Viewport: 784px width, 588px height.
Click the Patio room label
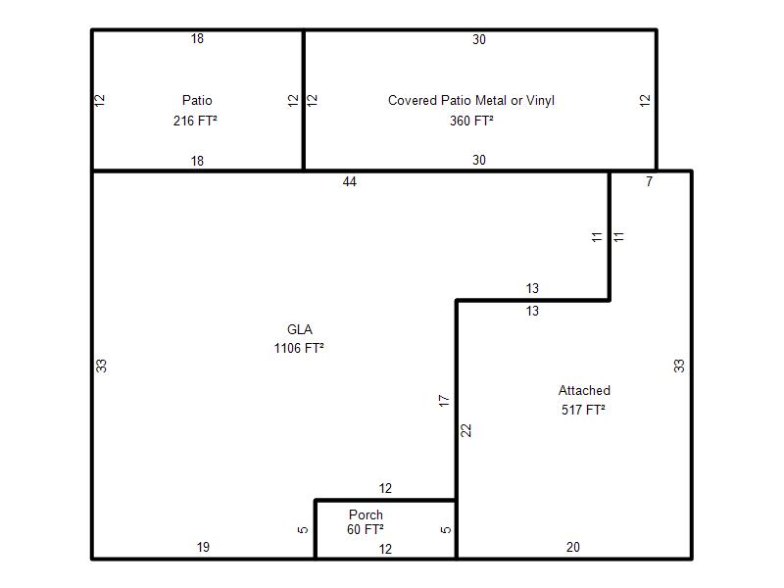coord(197,101)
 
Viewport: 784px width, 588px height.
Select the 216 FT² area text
coord(195,121)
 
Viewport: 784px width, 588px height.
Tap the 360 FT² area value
coord(471,121)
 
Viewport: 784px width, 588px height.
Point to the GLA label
coord(300,329)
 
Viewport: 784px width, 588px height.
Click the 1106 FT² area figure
coord(299,348)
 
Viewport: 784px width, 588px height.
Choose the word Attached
coord(584,390)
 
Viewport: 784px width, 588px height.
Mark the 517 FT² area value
coord(583,410)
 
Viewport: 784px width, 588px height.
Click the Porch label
coord(366,514)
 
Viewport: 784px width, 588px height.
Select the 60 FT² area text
coord(365,529)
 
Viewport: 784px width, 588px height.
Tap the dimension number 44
coord(350,182)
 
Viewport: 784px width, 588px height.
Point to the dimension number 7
coord(649,182)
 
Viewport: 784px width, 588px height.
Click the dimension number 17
coord(444,401)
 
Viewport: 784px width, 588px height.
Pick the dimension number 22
coord(465,430)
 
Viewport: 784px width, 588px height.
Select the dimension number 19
coord(203,547)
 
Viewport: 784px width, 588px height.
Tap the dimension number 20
coord(573,547)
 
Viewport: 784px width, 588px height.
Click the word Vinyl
coord(540,101)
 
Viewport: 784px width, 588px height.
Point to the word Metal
coord(491,101)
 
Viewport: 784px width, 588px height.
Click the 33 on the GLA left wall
coord(101,366)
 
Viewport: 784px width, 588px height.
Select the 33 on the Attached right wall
coord(678,366)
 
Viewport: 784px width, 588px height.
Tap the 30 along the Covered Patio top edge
coord(479,39)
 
